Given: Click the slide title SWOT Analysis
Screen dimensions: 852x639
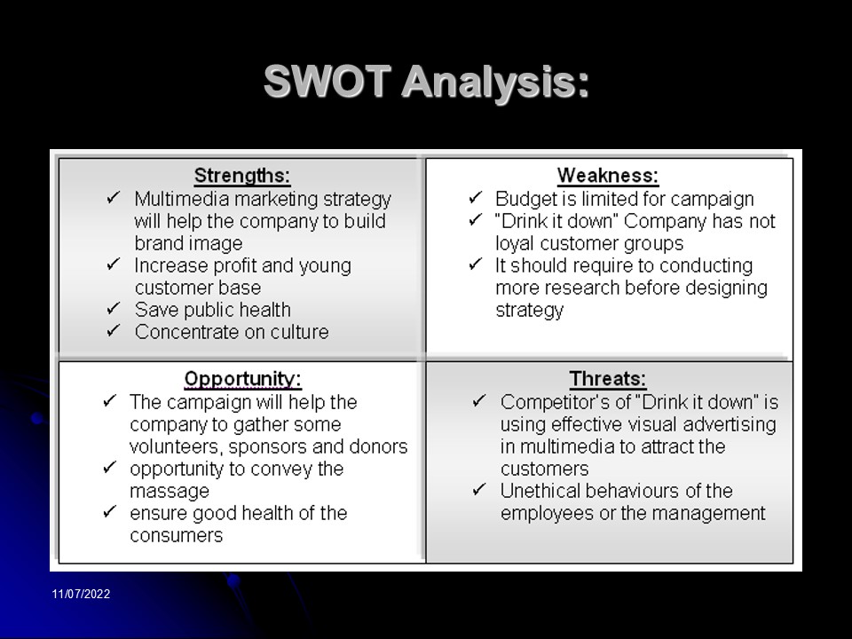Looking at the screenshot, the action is tap(427, 82).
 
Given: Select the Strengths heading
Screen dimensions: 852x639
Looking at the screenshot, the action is tap(242, 176).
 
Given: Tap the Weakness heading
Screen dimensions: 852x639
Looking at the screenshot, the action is tap(608, 176).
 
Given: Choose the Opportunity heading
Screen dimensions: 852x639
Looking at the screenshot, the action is tap(243, 379).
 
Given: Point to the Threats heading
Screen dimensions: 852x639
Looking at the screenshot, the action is tap(608, 379).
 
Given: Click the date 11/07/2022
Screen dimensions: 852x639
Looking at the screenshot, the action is tap(81, 594).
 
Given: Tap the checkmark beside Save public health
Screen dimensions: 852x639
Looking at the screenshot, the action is tap(113, 308).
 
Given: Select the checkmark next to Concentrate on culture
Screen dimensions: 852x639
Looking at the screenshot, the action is tap(113, 330).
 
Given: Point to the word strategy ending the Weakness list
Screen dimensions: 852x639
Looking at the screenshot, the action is tap(529, 311).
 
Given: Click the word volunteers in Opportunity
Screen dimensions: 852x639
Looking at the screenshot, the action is tap(176, 446).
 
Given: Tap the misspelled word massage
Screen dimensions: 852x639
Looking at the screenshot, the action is tap(170, 491).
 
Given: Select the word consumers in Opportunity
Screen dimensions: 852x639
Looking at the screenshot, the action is tap(177, 536).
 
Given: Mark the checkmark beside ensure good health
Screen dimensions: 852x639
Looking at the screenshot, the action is tap(110, 511).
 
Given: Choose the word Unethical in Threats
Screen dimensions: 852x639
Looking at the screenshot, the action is tap(540, 491).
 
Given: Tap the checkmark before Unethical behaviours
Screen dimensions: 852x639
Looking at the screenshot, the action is tap(479, 490).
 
